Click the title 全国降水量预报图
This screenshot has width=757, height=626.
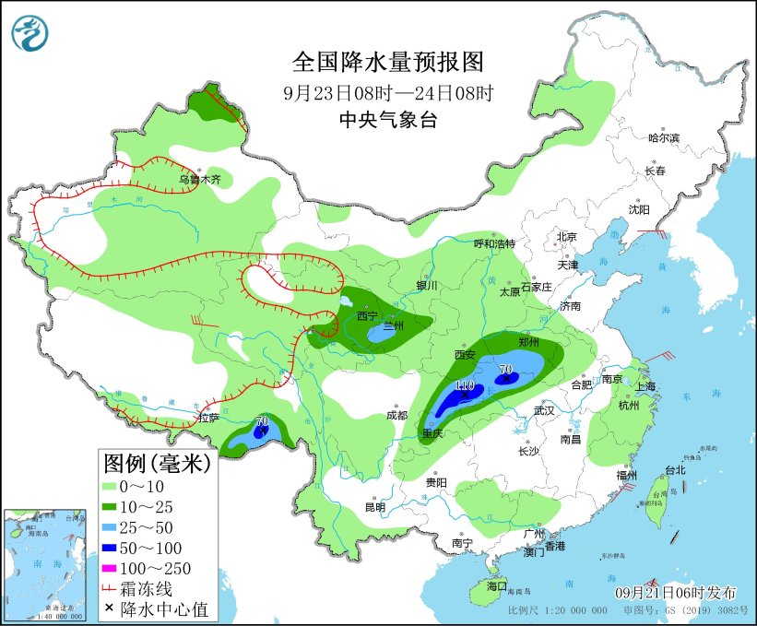387,62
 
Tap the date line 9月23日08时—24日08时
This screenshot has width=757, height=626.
387,92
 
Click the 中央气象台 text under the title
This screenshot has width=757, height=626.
387,119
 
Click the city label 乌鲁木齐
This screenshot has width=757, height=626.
200,181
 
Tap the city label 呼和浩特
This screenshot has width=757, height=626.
494,243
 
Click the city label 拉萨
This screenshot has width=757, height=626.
208,418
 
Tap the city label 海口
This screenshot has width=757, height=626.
496,586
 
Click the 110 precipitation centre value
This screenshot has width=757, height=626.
464,385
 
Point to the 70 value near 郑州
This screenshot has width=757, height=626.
505,370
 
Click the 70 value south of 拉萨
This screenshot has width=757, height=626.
263,421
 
